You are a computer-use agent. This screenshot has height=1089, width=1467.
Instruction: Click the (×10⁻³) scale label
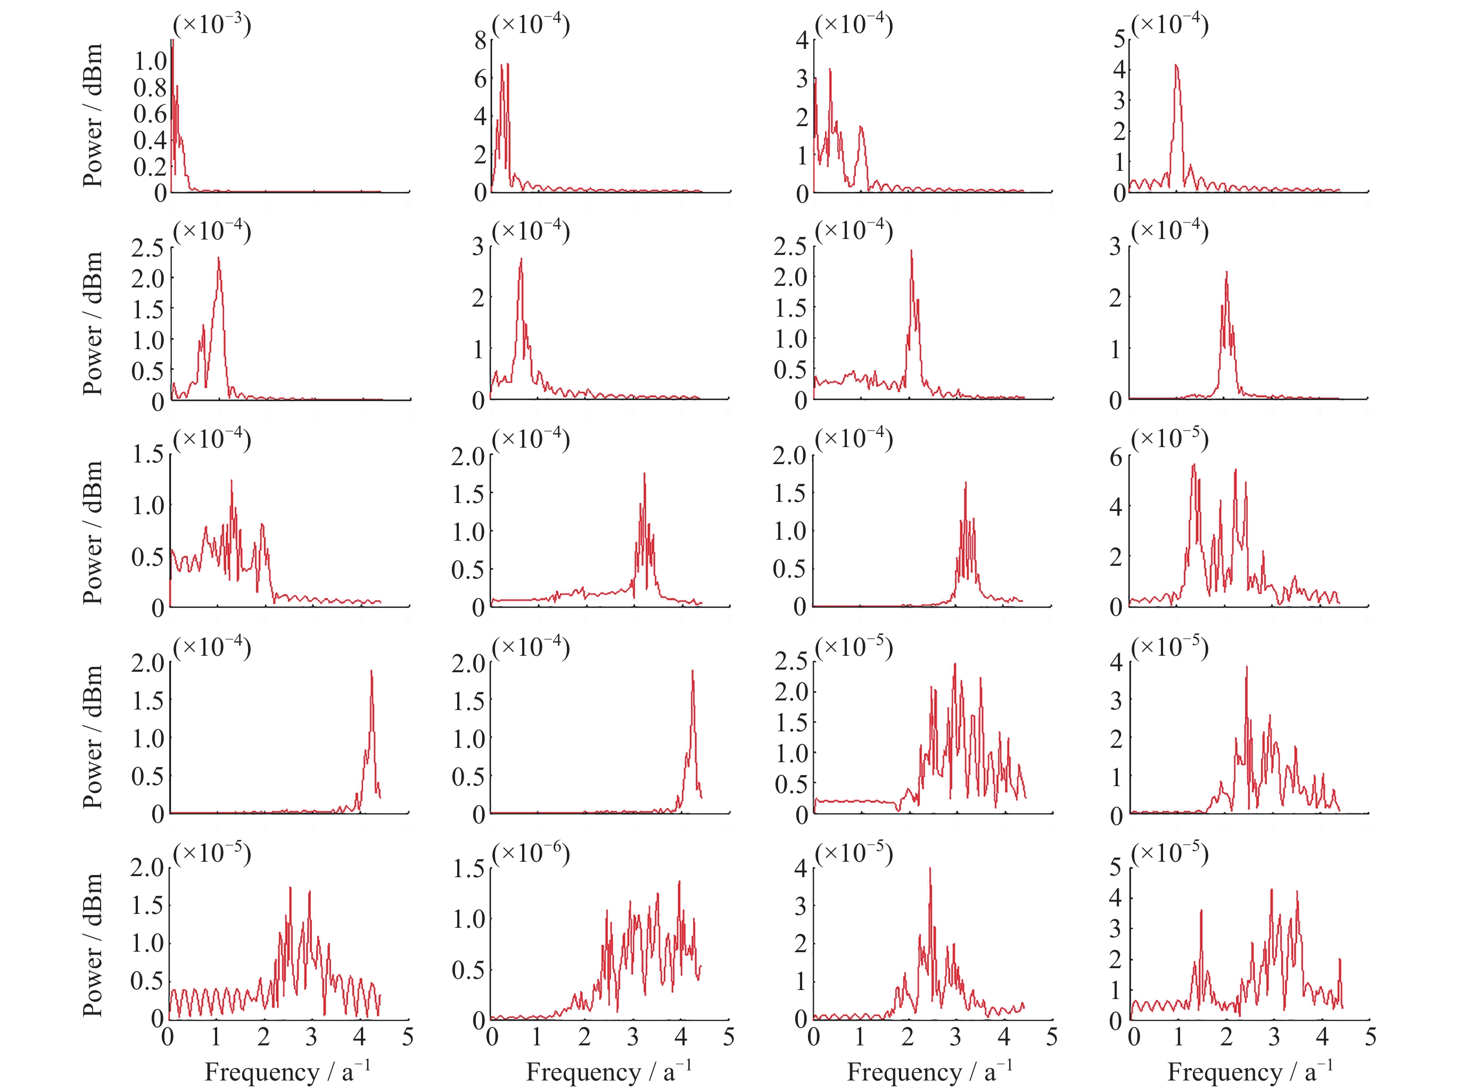212,24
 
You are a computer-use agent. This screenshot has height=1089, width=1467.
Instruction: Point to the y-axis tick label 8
481,41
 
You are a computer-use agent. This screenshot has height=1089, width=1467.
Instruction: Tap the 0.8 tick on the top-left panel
150,87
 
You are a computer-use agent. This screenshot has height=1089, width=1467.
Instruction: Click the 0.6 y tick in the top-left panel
150,113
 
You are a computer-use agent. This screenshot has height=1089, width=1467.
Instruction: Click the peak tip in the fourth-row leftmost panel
371,671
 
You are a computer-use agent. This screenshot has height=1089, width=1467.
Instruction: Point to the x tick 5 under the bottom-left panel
407,1037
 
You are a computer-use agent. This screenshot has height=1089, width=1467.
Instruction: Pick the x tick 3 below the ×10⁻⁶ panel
633,1037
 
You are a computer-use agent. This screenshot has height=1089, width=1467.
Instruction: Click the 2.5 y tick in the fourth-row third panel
790,661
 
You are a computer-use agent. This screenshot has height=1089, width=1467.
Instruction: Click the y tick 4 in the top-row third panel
802,40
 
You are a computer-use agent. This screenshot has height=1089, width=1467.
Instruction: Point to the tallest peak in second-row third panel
911,251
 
